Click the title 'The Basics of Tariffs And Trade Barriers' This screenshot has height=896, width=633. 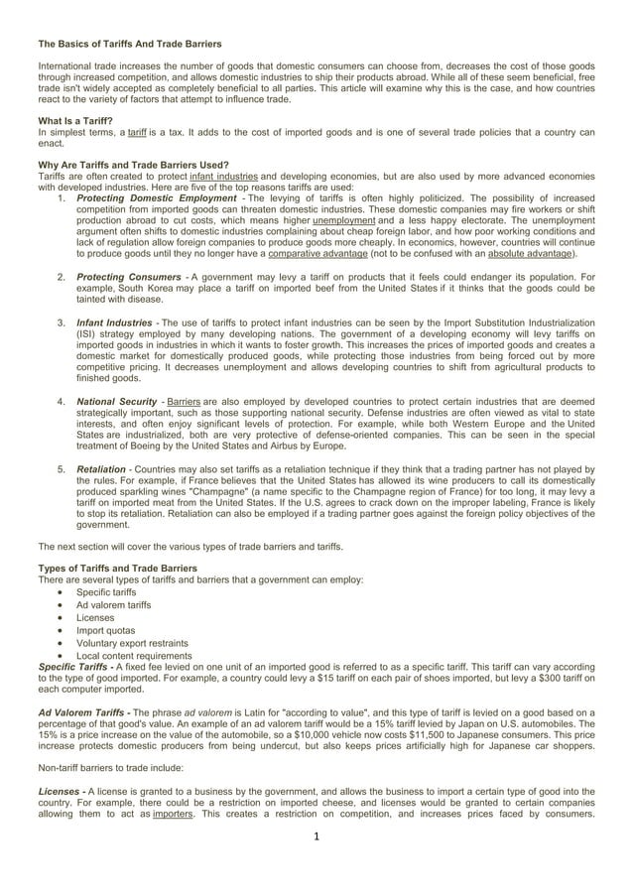click(130, 45)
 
